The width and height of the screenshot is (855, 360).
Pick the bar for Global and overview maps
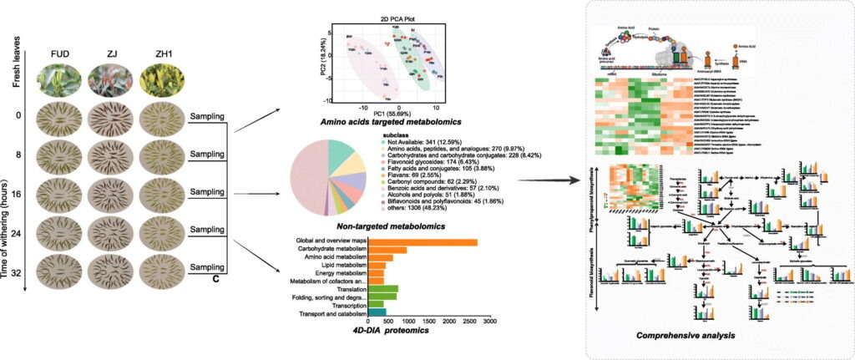click(422, 242)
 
